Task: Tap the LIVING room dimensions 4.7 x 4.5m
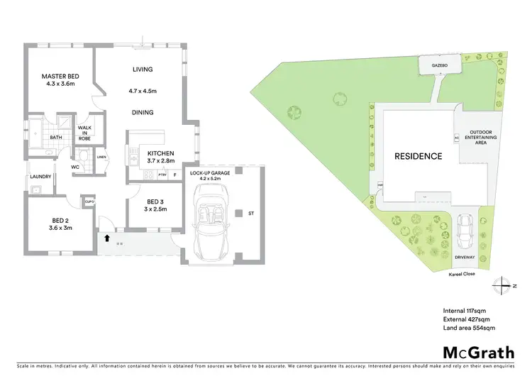[x=143, y=91]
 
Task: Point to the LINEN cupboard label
[x=101, y=157]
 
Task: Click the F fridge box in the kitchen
[x=174, y=175]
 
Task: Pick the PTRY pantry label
[x=162, y=175]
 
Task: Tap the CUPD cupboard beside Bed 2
[x=89, y=202]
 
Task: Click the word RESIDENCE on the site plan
[x=419, y=156]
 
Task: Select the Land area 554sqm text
[x=469, y=328]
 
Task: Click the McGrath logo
[x=478, y=353]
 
